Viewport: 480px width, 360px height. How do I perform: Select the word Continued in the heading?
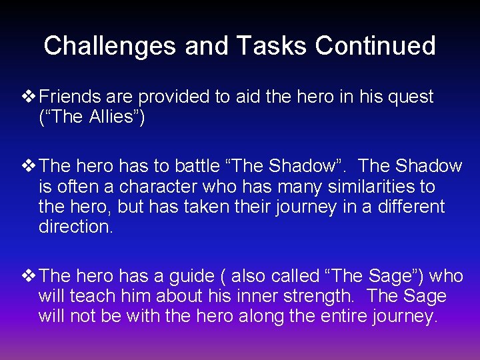(375, 46)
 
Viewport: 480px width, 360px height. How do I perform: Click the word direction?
(75, 227)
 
